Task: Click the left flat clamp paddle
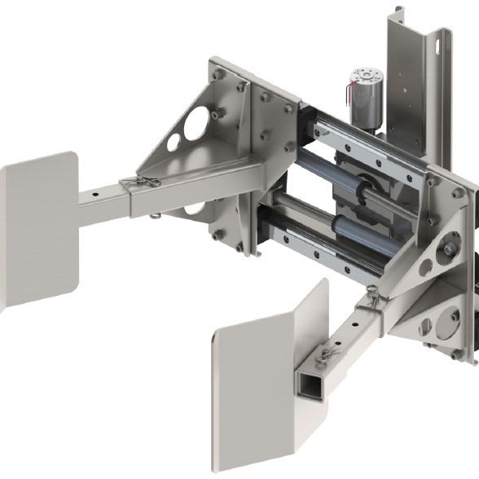point(36,227)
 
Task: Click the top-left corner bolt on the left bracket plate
point(218,74)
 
